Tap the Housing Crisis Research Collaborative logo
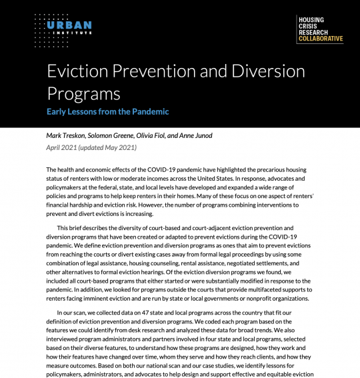pyautogui.click(x=320, y=29)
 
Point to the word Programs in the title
pyautogui.click(x=83, y=93)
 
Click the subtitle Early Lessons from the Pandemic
pyautogui.click(x=107, y=111)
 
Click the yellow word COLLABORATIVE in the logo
pyautogui.click(x=321, y=39)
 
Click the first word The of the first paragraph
pyautogui.click(x=52, y=171)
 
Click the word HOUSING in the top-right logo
pyautogui.click(x=311, y=19)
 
